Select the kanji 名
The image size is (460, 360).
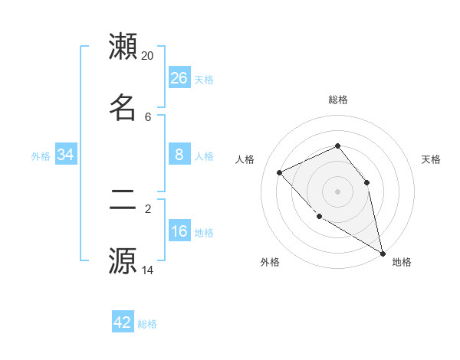(x=123, y=108)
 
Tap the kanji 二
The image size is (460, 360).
(x=123, y=201)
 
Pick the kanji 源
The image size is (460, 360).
(x=123, y=260)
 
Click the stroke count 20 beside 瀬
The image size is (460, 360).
(x=148, y=56)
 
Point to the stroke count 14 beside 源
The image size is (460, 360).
(x=148, y=270)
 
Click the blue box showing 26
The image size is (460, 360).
(x=179, y=78)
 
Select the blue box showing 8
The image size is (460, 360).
(x=179, y=155)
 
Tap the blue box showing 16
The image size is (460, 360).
(x=179, y=231)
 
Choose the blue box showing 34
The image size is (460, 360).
(x=66, y=155)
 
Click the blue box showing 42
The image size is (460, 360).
(x=123, y=322)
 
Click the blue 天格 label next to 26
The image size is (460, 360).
(x=204, y=80)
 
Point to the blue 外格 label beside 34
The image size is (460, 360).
(x=41, y=156)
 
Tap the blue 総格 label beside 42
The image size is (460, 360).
(x=147, y=324)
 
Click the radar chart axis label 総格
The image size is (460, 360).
(x=337, y=100)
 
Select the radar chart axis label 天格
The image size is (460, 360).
(x=432, y=159)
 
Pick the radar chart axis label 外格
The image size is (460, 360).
(x=270, y=262)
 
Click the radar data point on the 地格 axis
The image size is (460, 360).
(x=383, y=253)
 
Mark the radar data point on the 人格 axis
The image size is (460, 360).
(x=280, y=172)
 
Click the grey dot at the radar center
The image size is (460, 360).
(x=337, y=191)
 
